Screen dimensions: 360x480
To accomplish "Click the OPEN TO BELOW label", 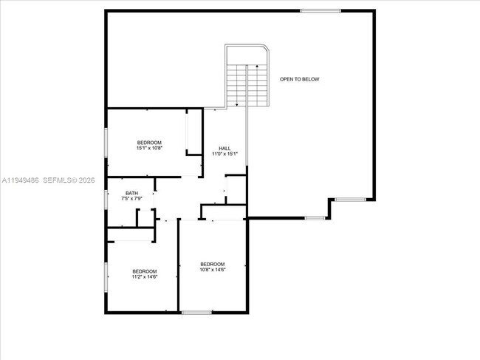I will tap(299, 79).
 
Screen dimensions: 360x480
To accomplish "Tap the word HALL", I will tap(224, 148).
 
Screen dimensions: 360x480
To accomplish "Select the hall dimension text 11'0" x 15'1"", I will tap(224, 154).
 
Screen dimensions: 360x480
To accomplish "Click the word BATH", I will tap(131, 194).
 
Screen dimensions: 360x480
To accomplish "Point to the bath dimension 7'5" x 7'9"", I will tap(131, 200).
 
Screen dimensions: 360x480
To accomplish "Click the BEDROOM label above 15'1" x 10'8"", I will tap(149, 143).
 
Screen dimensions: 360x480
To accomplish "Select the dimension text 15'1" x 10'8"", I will tap(149, 149).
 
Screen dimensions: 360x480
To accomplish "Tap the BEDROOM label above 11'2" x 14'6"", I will tap(145, 271).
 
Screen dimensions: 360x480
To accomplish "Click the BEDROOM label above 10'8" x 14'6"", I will tap(213, 264).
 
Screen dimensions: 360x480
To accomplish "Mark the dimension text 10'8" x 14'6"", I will tap(213, 270).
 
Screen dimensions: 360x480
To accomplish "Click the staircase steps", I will tap(246, 85).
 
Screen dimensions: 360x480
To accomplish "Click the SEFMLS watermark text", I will tap(61, 180).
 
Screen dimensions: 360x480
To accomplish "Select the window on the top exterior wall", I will tap(320, 10).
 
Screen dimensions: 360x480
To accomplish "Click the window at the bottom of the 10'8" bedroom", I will tap(196, 313).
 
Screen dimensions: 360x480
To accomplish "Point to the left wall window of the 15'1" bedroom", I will tap(106, 142).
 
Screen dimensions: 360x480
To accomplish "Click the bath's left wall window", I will tap(106, 198).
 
